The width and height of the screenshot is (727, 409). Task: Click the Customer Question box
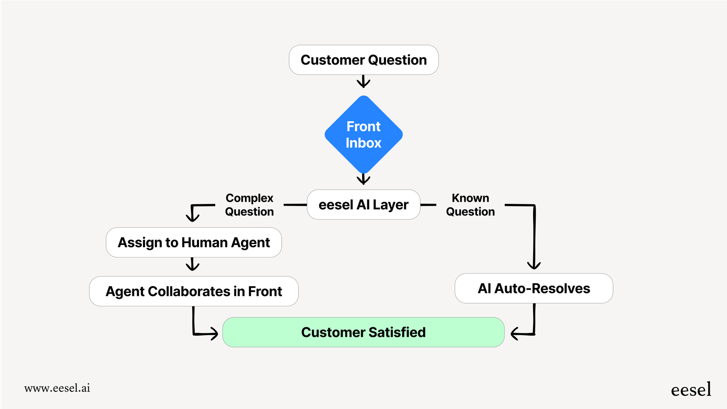pos(363,60)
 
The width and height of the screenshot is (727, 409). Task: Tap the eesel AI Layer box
pos(363,205)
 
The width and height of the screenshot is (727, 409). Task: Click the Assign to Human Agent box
pos(193,242)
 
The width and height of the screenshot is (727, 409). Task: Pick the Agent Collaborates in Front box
pos(193,291)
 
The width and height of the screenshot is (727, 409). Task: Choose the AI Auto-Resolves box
pos(534,288)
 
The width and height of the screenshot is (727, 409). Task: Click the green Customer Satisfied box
pos(363,332)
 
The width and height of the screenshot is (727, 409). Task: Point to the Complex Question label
pos(249,205)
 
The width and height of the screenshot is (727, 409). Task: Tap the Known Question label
pos(470,205)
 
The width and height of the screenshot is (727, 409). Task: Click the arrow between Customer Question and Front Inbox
pos(363,81)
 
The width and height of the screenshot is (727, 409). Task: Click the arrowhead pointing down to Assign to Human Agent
pos(193,216)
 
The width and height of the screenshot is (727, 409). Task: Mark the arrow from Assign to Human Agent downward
pos(193,264)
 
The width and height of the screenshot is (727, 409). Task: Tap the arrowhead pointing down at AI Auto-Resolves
pos(534,264)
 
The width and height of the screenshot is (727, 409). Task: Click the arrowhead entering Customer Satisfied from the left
pos(213,333)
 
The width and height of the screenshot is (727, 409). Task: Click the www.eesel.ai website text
pos(57,388)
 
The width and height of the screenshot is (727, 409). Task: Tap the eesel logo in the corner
pos(691,390)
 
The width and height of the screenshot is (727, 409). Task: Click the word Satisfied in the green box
pos(397,332)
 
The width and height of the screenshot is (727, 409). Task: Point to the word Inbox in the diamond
pos(363,143)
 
